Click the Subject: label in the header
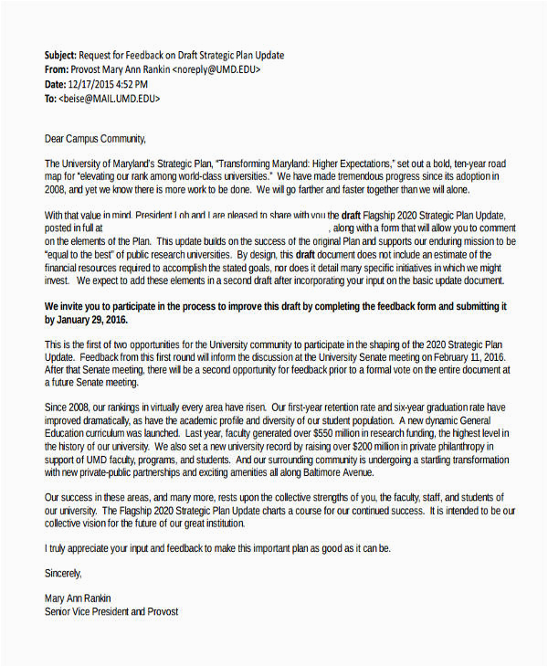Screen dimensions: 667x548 pyautogui.click(x=60, y=56)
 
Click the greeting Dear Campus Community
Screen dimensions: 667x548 pyautogui.click(x=95, y=139)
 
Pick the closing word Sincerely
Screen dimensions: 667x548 pyautogui.click(x=63, y=573)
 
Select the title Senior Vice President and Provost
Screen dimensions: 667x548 pyautogui.click(x=111, y=611)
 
